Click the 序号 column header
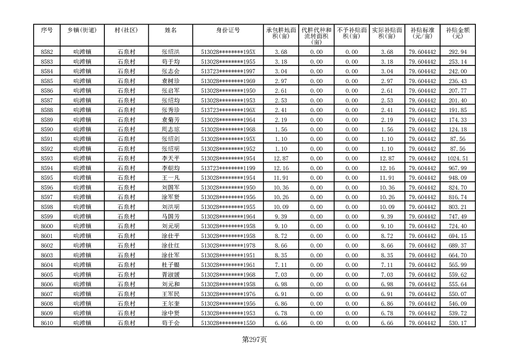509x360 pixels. (47, 30)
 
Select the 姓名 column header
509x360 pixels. (171, 30)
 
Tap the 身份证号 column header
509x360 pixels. (228, 30)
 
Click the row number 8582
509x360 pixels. (47, 52)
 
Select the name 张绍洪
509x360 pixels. (171, 52)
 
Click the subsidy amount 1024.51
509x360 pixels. (457, 158)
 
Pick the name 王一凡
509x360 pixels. (171, 178)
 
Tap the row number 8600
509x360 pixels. (47, 226)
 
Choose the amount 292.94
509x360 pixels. (457, 52)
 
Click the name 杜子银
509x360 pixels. (171, 265)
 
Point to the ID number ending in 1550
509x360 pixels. (228, 323)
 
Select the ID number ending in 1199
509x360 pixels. (228, 168)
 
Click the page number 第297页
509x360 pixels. (254, 339)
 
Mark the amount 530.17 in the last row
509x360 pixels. (457, 323)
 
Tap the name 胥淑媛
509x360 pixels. (171, 275)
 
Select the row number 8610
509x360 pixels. (47, 323)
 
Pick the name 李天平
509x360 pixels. (171, 158)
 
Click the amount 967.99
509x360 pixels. (457, 168)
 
